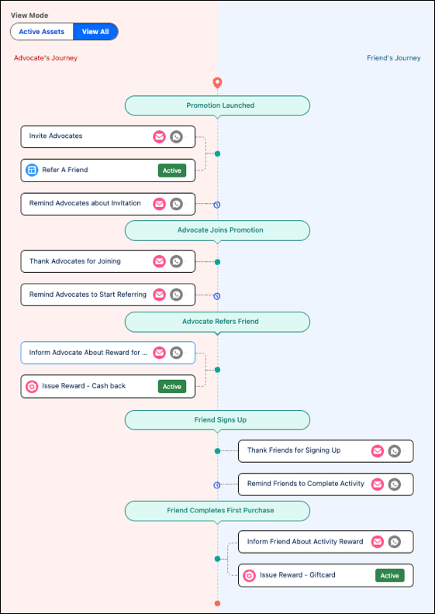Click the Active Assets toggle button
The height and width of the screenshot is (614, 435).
click(x=42, y=32)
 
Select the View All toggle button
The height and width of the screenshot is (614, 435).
click(x=95, y=32)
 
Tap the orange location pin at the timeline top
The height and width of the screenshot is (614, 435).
click(x=217, y=83)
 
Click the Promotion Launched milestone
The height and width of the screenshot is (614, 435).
click(x=217, y=105)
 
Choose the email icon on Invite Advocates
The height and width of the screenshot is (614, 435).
click(x=159, y=136)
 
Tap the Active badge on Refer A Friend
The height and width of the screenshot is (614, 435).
click(x=172, y=171)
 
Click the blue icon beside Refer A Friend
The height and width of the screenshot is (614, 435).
click(x=32, y=170)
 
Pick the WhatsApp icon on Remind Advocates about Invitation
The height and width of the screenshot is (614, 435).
click(x=177, y=204)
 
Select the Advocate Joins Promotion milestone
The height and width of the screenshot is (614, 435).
click(x=217, y=230)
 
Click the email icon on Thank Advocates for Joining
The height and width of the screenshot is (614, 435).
click(x=159, y=261)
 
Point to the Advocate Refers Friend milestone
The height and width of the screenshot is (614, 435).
click(x=217, y=322)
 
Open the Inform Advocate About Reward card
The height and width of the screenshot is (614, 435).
click(x=108, y=353)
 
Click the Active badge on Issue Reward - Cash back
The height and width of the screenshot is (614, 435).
click(x=172, y=387)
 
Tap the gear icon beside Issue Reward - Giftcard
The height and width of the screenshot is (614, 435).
click(x=250, y=575)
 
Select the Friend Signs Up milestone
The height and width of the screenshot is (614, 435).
click(x=217, y=420)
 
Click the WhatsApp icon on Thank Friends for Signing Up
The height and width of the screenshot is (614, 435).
click(x=394, y=451)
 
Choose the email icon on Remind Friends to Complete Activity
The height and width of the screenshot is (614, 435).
click(x=378, y=485)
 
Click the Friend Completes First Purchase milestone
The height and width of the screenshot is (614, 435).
click(x=217, y=511)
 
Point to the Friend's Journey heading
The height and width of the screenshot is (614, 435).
click(x=393, y=58)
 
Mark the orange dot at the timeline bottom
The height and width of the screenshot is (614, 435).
click(x=217, y=603)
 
